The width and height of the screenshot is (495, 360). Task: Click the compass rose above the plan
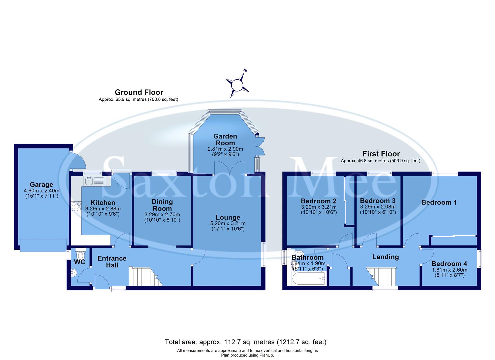point(237,84)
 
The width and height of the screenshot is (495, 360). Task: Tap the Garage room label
point(41,184)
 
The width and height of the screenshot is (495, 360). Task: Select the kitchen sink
point(89,181)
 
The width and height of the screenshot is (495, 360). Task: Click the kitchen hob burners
point(76,207)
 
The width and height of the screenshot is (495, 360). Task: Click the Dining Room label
point(162,205)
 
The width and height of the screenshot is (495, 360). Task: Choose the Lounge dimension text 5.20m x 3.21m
point(228,223)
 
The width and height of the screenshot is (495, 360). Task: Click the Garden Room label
point(225,139)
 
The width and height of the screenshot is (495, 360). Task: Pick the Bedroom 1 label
point(439,202)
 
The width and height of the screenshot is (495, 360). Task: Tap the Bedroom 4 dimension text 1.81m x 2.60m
point(449,270)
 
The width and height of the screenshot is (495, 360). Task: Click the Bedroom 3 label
point(378,201)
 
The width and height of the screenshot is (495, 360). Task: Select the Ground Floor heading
point(139,92)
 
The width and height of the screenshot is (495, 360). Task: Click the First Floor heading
point(381,154)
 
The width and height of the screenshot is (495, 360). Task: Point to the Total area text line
point(246,342)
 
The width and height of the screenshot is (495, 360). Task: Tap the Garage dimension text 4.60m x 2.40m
point(42,191)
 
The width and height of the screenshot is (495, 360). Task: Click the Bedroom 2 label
point(318,201)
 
